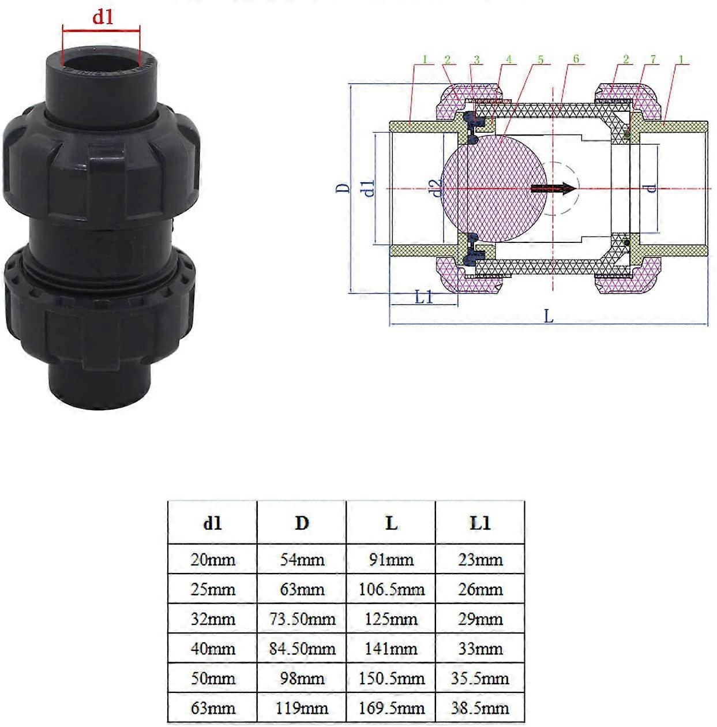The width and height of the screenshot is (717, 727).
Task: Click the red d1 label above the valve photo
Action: click(x=103, y=17)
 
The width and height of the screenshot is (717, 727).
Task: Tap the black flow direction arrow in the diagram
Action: click(x=553, y=189)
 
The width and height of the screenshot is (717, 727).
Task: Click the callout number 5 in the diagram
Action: click(x=540, y=59)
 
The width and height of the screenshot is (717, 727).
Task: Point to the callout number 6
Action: click(x=576, y=59)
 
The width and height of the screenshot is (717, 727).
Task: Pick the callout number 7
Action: click(x=653, y=59)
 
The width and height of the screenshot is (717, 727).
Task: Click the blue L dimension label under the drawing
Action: click(x=548, y=316)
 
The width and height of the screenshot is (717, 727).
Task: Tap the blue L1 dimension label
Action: click(x=424, y=297)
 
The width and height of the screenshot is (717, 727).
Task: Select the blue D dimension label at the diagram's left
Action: click(x=343, y=188)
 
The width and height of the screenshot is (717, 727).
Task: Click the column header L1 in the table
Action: click(x=480, y=523)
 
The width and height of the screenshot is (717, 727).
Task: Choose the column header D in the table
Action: click(x=302, y=523)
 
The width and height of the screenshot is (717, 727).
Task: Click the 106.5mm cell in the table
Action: click(x=391, y=589)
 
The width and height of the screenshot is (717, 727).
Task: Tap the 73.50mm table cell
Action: click(x=302, y=619)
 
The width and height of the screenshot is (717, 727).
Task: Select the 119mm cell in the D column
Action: click(x=302, y=708)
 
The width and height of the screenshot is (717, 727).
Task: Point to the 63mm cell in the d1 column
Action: click(x=213, y=708)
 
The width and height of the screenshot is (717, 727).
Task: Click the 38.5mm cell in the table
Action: click(x=480, y=708)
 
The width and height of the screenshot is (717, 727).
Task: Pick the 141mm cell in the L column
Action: click(x=391, y=649)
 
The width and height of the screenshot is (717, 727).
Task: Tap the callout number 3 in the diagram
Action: click(x=476, y=59)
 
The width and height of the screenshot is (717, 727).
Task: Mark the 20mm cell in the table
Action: click(x=213, y=559)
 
